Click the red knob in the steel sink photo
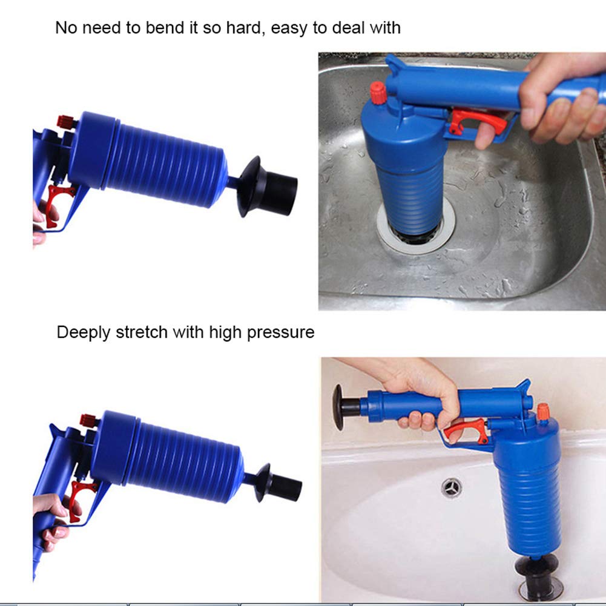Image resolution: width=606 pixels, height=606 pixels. (x=378, y=93)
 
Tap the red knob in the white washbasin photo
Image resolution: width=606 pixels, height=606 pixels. (x=543, y=412)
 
